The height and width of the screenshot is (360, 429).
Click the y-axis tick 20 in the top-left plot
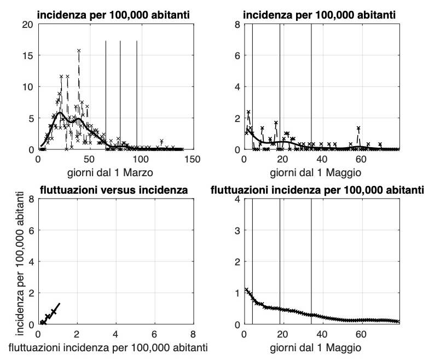click(26, 25)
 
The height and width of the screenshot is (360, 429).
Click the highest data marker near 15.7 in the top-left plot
click(79, 50)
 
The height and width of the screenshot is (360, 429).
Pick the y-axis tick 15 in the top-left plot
click(26, 56)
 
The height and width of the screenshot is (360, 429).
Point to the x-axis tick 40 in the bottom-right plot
click(322, 334)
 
